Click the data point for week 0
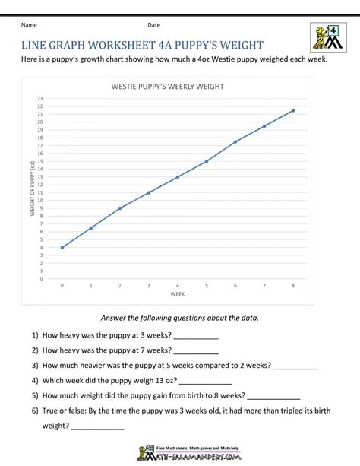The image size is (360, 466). tap(62, 247)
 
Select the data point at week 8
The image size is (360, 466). tap(293, 110)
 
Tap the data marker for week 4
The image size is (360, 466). tap(178, 177)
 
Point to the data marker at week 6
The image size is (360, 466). tap(235, 141)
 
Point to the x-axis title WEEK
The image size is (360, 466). tap(177, 293)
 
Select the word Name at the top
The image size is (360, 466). tap(30, 24)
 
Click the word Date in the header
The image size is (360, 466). tap(154, 24)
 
